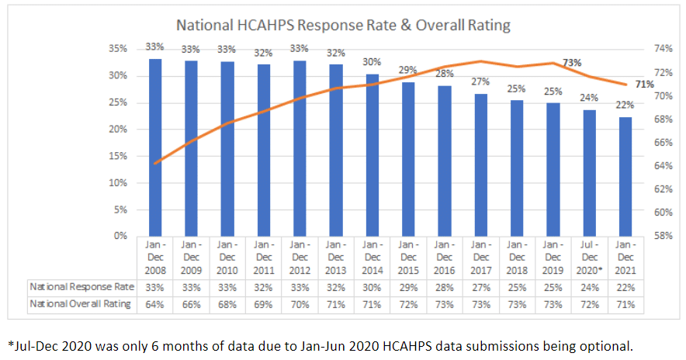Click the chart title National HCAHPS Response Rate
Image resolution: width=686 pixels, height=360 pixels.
pos(343,25)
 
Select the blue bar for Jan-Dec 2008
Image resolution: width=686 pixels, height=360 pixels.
pos(155,147)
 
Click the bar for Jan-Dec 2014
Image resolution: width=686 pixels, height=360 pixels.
pos(372,154)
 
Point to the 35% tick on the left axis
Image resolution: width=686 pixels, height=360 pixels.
pos(117,49)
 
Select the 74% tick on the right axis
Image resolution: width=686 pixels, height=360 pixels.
pos(661,49)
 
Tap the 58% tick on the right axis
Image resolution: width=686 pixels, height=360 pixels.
pos(661,236)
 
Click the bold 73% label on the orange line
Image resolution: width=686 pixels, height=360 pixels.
pos(572,62)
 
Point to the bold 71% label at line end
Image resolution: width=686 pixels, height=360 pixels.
pos(645,84)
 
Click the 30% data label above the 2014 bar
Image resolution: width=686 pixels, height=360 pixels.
pos(372,63)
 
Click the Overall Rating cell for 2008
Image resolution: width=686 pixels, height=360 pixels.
pos(155,304)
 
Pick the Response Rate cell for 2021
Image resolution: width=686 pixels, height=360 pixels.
pos(625,286)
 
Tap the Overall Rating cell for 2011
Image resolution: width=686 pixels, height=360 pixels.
pos(264,304)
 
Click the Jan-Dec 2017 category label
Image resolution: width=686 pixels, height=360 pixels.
pos(481,257)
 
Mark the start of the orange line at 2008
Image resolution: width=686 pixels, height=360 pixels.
pos(156,163)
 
